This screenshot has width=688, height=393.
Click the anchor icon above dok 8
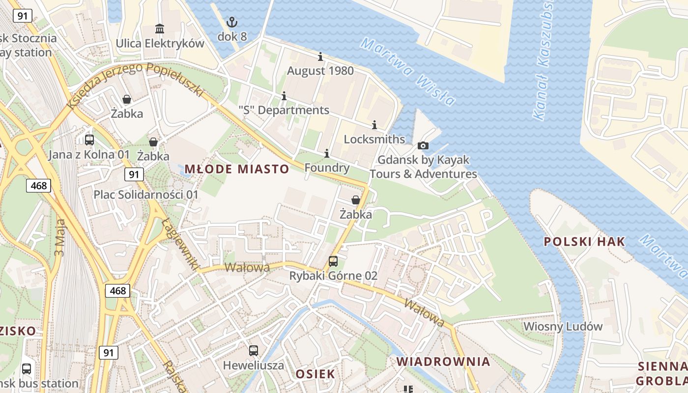click(x=231, y=22)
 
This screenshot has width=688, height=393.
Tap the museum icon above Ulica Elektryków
click(x=160, y=28)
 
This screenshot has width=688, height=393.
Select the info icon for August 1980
click(x=320, y=56)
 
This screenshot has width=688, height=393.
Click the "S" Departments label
click(x=284, y=110)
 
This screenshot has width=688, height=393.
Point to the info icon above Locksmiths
click(x=374, y=125)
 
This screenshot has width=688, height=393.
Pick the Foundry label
click(x=327, y=168)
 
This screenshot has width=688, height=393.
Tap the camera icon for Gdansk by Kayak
click(x=423, y=146)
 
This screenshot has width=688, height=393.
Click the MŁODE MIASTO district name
click(x=237, y=169)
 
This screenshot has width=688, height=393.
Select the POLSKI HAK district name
click(x=584, y=242)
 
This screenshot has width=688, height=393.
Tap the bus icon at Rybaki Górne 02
click(x=333, y=261)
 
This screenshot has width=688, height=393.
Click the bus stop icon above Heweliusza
click(x=254, y=351)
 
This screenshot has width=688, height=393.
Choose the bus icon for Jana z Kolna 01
click(x=89, y=140)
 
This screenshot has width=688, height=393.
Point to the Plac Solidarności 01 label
click(x=146, y=195)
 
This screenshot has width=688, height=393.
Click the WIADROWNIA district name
click(x=443, y=362)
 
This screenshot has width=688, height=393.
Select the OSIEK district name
click(x=315, y=374)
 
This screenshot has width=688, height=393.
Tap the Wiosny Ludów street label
click(x=563, y=327)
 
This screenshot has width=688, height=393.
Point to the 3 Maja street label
click(x=60, y=238)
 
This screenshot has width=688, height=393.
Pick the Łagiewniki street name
click(x=180, y=244)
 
